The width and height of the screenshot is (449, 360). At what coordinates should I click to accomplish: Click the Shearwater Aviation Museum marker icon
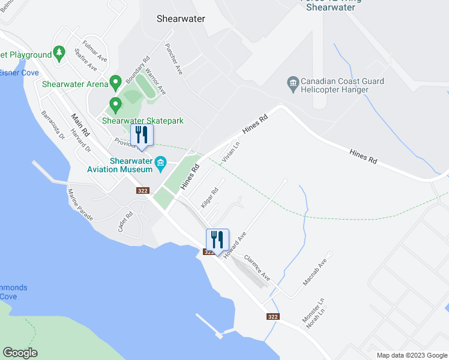pos(160,163)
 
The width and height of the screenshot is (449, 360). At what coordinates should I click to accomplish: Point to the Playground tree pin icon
pos(59,54)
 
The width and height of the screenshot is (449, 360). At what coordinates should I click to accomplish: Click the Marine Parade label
pos(80,205)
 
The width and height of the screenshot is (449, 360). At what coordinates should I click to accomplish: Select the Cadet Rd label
pos(125,223)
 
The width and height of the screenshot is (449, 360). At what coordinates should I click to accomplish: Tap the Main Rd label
pos(80,125)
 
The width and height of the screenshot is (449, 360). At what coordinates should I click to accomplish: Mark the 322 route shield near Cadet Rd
pos(142,191)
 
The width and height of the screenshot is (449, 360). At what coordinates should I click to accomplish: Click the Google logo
pos(20,352)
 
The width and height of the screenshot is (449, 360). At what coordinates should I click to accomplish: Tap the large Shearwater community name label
pos(181,19)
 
